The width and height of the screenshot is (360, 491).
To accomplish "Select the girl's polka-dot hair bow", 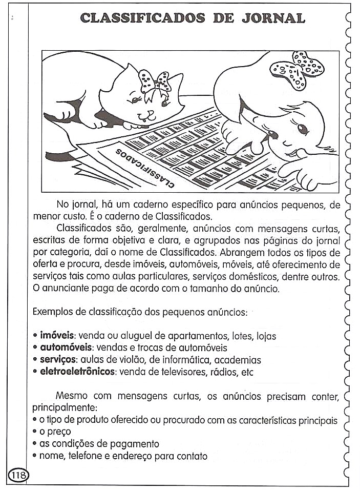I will [298, 70].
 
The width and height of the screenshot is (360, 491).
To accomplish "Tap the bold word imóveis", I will [57, 336].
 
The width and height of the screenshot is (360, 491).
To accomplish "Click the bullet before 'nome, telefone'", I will [35, 456].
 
